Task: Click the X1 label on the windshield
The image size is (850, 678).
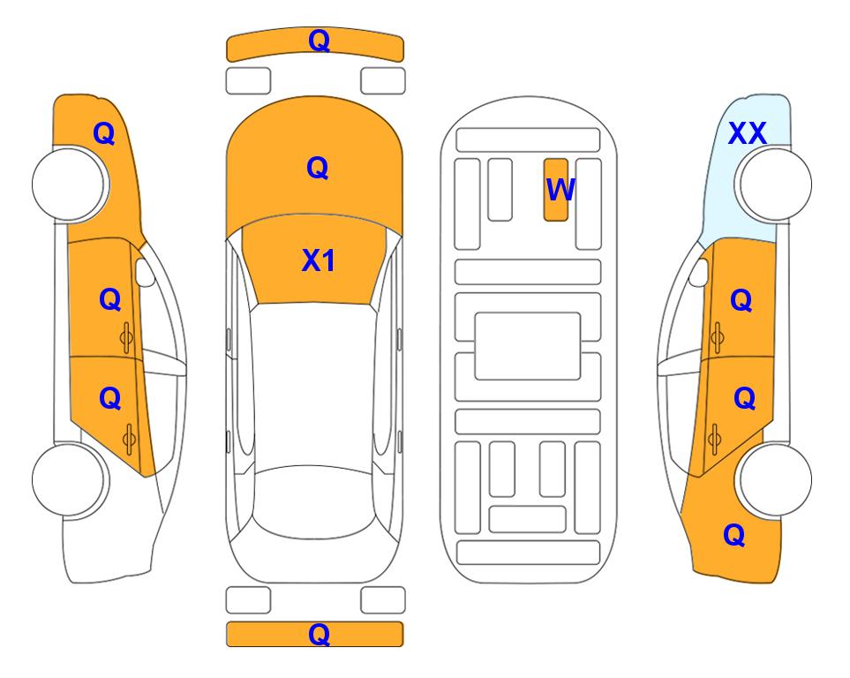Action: coord(319,260)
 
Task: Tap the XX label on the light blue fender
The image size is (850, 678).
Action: coord(747,133)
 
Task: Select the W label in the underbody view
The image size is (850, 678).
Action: coord(560,190)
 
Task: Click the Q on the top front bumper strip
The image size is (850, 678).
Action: coord(319,41)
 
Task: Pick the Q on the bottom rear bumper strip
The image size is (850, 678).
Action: coord(319,634)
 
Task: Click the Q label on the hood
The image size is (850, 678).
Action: coord(317,168)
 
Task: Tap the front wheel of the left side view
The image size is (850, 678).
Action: coord(70,185)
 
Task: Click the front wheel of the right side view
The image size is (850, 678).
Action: coord(775,185)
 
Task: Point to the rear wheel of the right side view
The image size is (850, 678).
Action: coord(775,479)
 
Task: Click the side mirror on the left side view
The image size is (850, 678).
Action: coord(145,272)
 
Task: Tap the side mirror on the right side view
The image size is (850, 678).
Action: coord(699,272)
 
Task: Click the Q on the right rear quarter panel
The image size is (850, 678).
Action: coord(734,535)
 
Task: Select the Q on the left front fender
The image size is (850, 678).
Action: coord(103,133)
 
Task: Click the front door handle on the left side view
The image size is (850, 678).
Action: coord(126,337)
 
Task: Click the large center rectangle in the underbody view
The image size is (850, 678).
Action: coord(528,346)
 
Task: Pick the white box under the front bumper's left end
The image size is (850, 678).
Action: coord(248,81)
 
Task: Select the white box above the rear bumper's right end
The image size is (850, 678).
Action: coord(383,600)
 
